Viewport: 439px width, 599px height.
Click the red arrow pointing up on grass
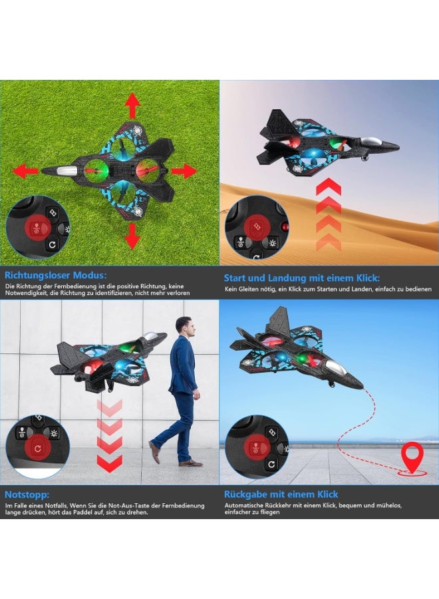pyautogui.click(x=132, y=105)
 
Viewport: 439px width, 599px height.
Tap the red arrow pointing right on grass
pyautogui.click(x=183, y=171)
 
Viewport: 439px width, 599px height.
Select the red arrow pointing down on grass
pyautogui.click(x=132, y=236)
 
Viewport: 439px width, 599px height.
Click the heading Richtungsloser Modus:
pyautogui.click(x=55, y=275)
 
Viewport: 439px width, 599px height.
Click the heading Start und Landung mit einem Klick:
pyautogui.click(x=302, y=278)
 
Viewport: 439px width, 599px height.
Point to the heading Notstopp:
pyautogui.click(x=27, y=495)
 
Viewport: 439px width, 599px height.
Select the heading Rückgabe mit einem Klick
pyautogui.click(x=281, y=495)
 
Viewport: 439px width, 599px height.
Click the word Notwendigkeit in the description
pyautogui.click(x=28, y=293)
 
